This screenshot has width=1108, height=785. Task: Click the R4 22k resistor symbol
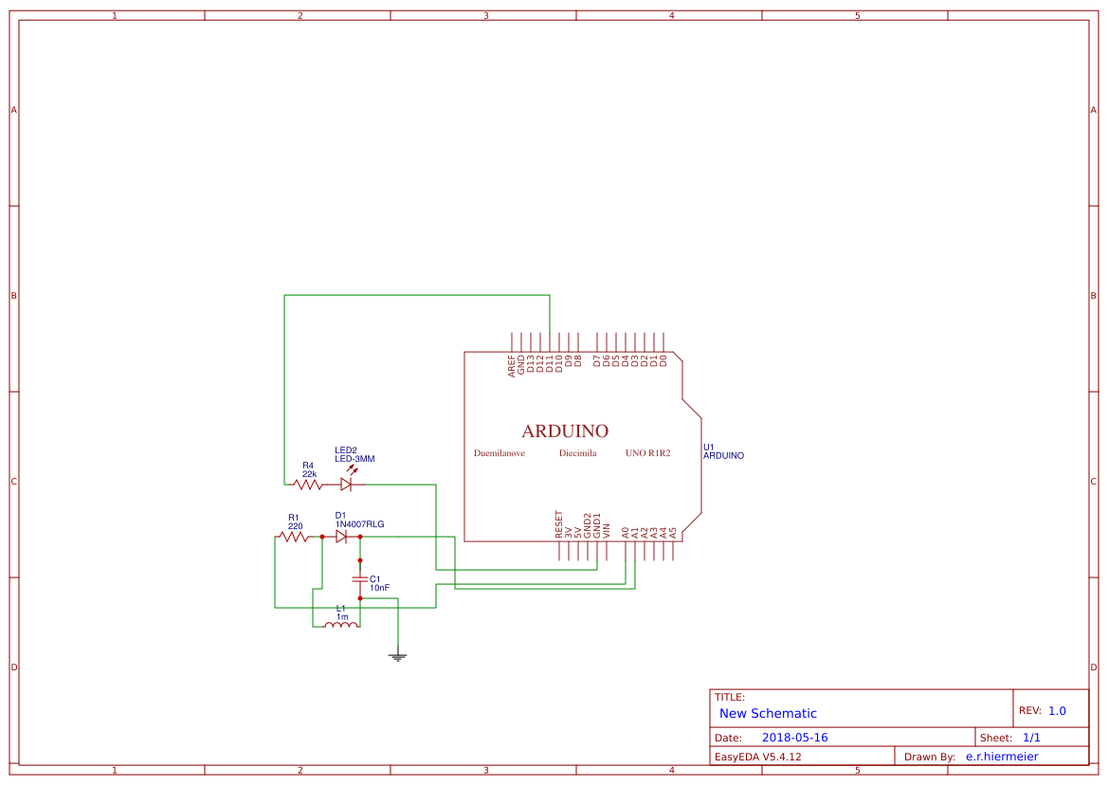pyautogui.click(x=308, y=484)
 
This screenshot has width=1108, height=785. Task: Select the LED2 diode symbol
pyautogui.click(x=346, y=484)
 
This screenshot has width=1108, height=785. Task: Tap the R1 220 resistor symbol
pyautogui.click(x=294, y=537)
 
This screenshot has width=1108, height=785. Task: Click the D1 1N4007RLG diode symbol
pyautogui.click(x=341, y=537)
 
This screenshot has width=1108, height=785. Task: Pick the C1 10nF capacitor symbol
pyautogui.click(x=360, y=578)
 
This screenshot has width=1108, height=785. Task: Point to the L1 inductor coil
pyautogui.click(x=341, y=624)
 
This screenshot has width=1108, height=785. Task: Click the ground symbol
pyautogui.click(x=398, y=655)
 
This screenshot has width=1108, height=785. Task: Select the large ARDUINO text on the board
pyautogui.click(x=565, y=430)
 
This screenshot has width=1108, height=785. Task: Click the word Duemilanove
pyautogui.click(x=500, y=453)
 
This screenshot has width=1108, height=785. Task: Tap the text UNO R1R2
pyautogui.click(x=647, y=453)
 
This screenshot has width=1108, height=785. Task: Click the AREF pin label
pyautogui.click(x=512, y=366)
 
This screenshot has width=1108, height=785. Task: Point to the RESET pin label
pyautogui.click(x=558, y=524)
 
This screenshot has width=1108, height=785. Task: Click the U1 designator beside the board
pyautogui.click(x=708, y=447)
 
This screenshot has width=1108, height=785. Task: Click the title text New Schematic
pyautogui.click(x=768, y=713)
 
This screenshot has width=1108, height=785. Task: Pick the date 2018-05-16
pyautogui.click(x=794, y=738)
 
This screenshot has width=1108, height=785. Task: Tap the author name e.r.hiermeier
pyautogui.click(x=1001, y=757)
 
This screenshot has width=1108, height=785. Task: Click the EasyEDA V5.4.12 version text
pyautogui.click(x=757, y=757)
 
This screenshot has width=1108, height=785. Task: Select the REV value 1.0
pyautogui.click(x=1057, y=710)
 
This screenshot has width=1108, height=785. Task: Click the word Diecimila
pyautogui.click(x=577, y=453)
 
